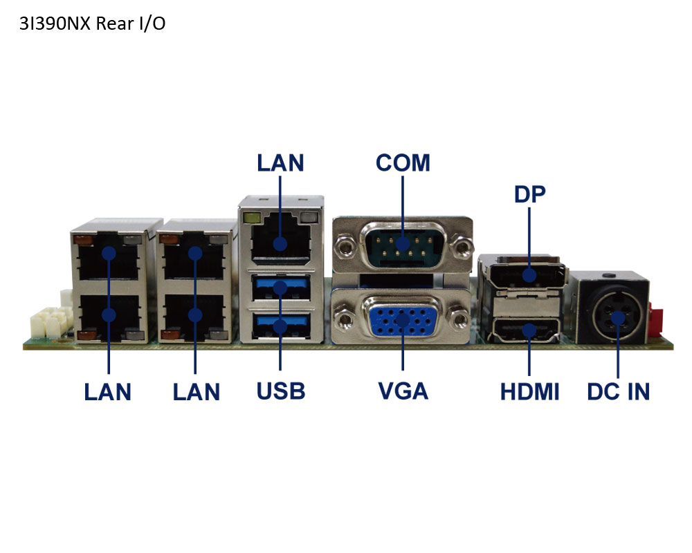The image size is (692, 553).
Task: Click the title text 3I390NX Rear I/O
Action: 92,24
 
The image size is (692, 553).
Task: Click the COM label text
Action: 403,162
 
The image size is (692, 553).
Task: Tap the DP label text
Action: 529,194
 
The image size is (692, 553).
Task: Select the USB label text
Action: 281,391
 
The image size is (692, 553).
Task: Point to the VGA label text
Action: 403,391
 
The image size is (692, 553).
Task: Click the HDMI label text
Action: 529,392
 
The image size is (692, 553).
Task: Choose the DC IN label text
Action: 618,392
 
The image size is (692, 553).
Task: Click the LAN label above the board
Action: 281,162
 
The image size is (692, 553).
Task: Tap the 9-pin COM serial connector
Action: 403,245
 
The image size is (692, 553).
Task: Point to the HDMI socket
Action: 526,330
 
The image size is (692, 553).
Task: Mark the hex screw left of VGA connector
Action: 344,318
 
